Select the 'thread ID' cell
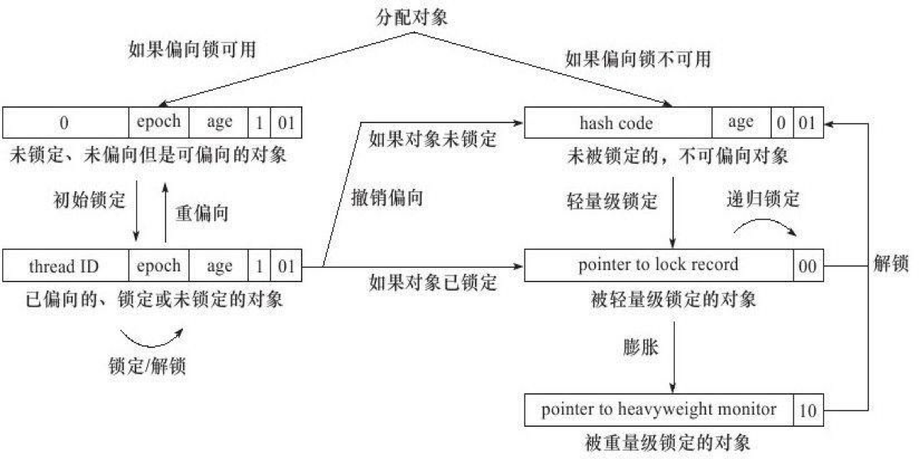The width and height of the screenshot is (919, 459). pos(65,266)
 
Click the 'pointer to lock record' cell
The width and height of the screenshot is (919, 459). pos(659,266)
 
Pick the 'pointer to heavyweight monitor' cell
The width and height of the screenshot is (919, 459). pos(659,410)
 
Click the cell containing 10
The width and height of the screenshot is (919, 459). pos(808,411)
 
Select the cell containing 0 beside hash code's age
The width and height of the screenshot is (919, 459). pos(781,122)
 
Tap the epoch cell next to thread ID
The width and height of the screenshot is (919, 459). pos(159,266)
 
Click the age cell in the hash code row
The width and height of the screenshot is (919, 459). pos(741,122)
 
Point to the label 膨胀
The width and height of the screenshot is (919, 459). pos(641,347)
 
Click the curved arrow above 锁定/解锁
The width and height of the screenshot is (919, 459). pos(152,334)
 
